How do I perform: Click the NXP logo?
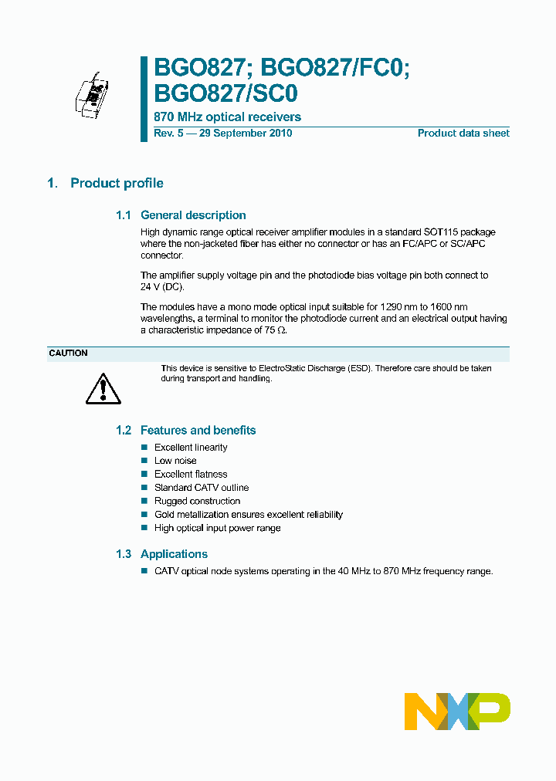tap(457, 711)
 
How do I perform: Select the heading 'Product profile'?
tap(117, 183)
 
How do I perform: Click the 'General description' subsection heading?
tap(193, 215)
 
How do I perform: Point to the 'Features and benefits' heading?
tap(198, 430)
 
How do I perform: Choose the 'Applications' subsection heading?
tap(174, 553)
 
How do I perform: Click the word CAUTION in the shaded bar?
tap(68, 353)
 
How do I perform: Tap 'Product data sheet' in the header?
tap(463, 133)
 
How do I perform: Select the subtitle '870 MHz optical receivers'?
tap(228, 117)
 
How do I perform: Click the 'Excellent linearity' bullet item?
tap(191, 448)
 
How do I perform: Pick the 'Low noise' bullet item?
tap(175, 461)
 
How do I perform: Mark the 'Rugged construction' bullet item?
tap(197, 501)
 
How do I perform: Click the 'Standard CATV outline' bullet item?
tap(202, 488)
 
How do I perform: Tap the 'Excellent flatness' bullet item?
tap(191, 474)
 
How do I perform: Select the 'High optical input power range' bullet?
tap(217, 528)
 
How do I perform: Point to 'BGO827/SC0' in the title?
tap(225, 93)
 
